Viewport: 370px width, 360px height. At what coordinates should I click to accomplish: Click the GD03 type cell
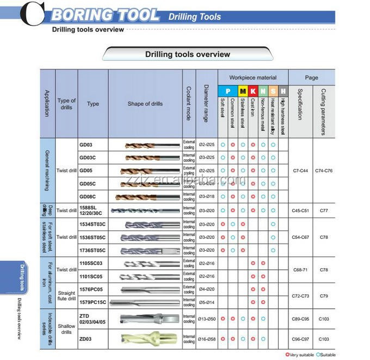pyautogui.click(x=86, y=145)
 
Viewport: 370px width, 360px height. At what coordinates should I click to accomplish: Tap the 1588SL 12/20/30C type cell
pyautogui.click(x=91, y=210)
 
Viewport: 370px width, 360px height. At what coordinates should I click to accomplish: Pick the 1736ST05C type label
pyautogui.click(x=92, y=250)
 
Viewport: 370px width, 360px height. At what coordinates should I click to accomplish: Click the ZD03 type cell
pyautogui.click(x=86, y=338)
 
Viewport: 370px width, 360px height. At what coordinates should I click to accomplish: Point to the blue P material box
pyautogui.click(x=227, y=91)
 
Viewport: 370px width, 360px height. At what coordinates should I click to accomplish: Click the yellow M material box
pyautogui.click(x=243, y=91)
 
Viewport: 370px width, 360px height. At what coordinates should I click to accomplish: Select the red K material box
pyautogui.click(x=252, y=91)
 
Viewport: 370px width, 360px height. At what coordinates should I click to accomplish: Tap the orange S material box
pyautogui.click(x=273, y=91)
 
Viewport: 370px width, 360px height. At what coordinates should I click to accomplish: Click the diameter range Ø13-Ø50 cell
pyautogui.click(x=206, y=318)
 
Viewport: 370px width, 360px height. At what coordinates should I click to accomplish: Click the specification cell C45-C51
pyautogui.click(x=300, y=210)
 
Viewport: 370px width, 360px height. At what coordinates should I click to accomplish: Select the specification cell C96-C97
pyautogui.click(x=300, y=338)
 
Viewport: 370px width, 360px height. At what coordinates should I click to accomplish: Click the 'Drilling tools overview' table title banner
pyautogui.click(x=187, y=54)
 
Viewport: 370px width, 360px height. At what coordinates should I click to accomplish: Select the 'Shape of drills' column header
pyautogui.click(x=145, y=103)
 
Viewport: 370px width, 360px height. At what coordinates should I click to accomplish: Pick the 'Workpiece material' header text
pyautogui.click(x=252, y=77)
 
